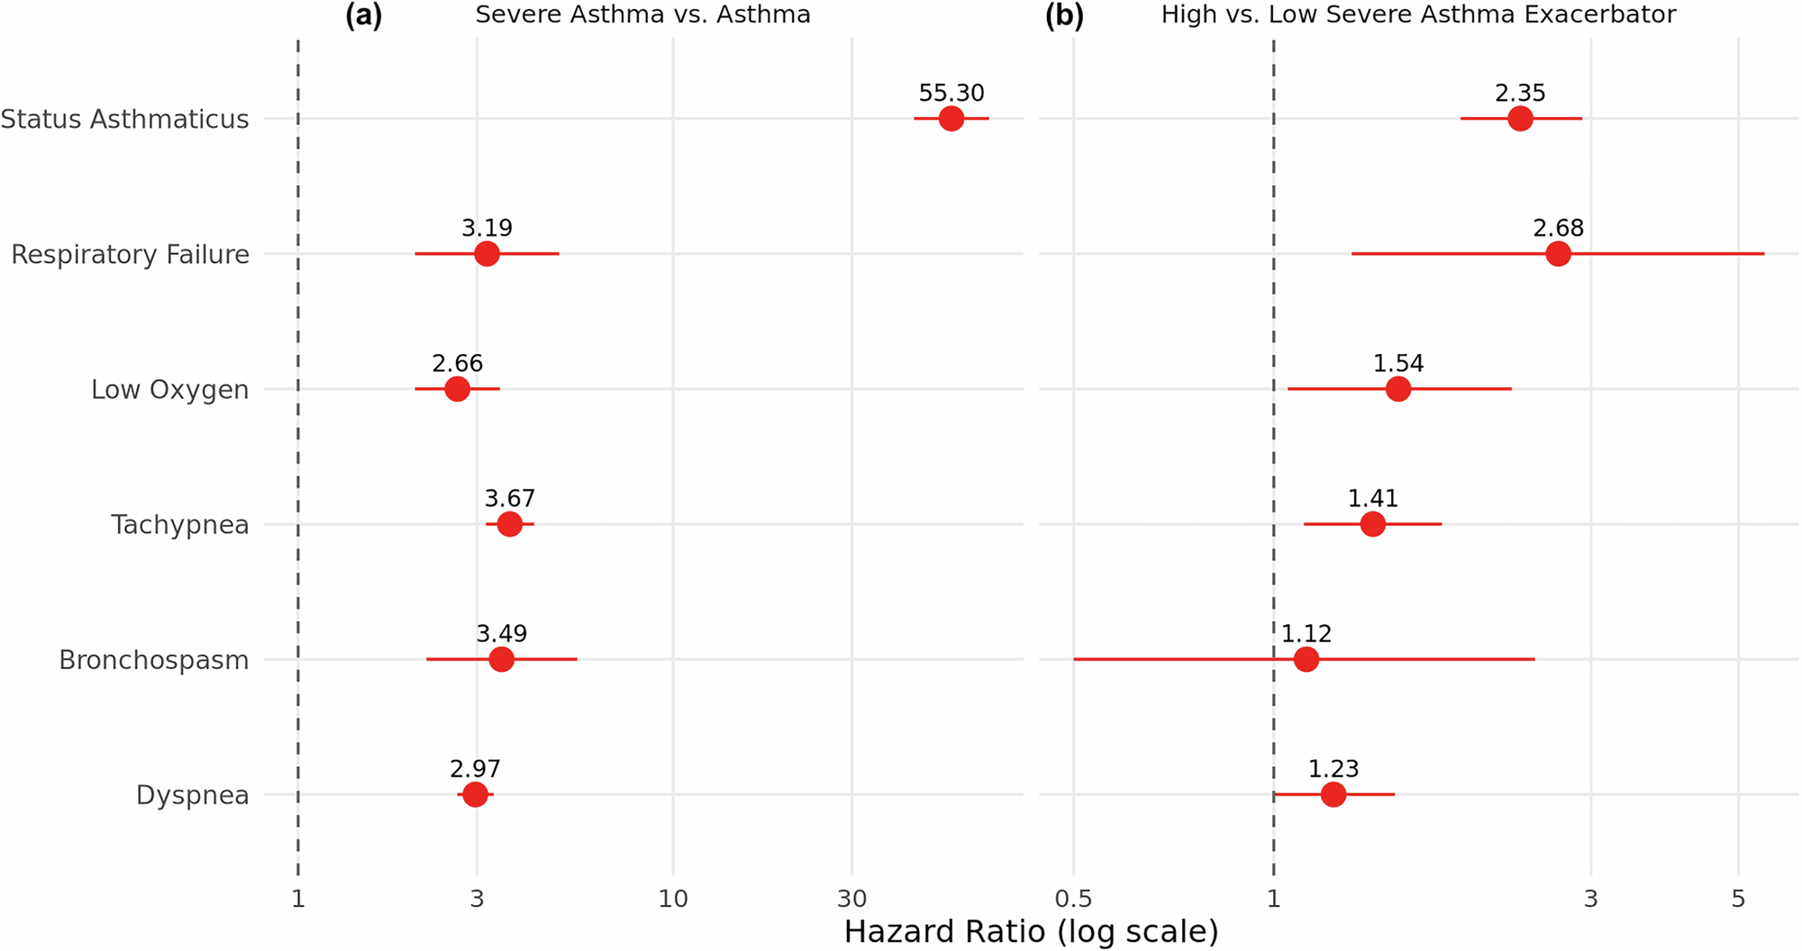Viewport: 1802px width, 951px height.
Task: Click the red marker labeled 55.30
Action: [x=951, y=119]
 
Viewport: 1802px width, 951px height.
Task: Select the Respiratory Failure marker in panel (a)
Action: [x=487, y=254]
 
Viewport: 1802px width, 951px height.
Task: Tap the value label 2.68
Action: [x=1558, y=229]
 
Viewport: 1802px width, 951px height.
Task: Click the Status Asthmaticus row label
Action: [x=124, y=119]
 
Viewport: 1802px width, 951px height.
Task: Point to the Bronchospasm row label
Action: [x=153, y=660]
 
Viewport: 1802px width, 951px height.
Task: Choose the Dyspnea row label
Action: [x=192, y=795]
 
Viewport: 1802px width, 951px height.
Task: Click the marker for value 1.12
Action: [x=1306, y=659]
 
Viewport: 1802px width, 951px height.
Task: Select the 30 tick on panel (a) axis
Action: [x=851, y=899]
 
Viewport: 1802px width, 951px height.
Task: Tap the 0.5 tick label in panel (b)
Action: [x=1073, y=899]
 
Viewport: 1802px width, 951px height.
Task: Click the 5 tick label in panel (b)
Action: [x=1738, y=899]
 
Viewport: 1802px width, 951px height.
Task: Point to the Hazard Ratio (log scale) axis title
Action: [x=1031, y=931]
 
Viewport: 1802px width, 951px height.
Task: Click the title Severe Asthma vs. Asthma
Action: [x=642, y=15]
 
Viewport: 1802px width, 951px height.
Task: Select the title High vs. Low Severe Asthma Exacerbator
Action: [x=1418, y=15]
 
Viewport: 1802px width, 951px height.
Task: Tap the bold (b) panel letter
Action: [x=1064, y=15]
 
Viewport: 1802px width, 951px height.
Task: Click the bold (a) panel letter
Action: [x=364, y=15]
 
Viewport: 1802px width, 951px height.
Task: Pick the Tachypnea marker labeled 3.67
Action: [x=509, y=524]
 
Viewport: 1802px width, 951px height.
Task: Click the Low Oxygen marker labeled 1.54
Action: [x=1397, y=389]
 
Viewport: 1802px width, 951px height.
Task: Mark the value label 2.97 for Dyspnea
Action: [x=475, y=769]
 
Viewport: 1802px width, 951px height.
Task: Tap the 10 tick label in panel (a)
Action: [x=673, y=899]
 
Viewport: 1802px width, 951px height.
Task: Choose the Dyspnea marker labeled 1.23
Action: [x=1333, y=794]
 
